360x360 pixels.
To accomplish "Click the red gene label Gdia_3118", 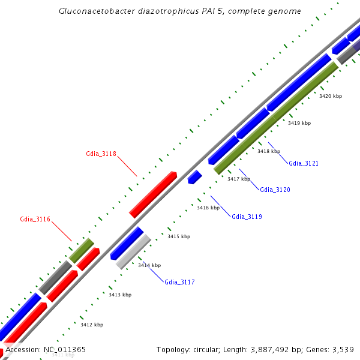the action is tap(101, 154).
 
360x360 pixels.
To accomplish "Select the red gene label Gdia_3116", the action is tap(35, 220).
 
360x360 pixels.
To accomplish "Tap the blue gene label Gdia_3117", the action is tap(179, 282).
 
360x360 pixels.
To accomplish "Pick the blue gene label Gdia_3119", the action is tap(247, 217).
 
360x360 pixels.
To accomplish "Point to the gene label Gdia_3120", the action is tap(275, 190).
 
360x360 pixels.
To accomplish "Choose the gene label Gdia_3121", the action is tap(304, 163).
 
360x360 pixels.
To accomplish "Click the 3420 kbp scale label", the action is tap(331, 96).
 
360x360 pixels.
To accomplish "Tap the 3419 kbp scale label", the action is tap(299, 123).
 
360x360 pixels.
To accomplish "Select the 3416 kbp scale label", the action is tap(208, 208).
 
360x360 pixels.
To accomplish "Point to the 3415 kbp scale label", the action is tap(178, 236).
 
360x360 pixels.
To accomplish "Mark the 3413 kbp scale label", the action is tap(120, 295).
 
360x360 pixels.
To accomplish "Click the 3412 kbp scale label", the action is tap(92, 325).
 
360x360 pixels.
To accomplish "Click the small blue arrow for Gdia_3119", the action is tap(194, 177).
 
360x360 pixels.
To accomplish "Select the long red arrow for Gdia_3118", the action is tap(153, 194).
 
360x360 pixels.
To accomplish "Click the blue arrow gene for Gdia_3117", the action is tap(127, 243).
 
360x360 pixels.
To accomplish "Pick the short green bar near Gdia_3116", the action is tap(82, 250).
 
